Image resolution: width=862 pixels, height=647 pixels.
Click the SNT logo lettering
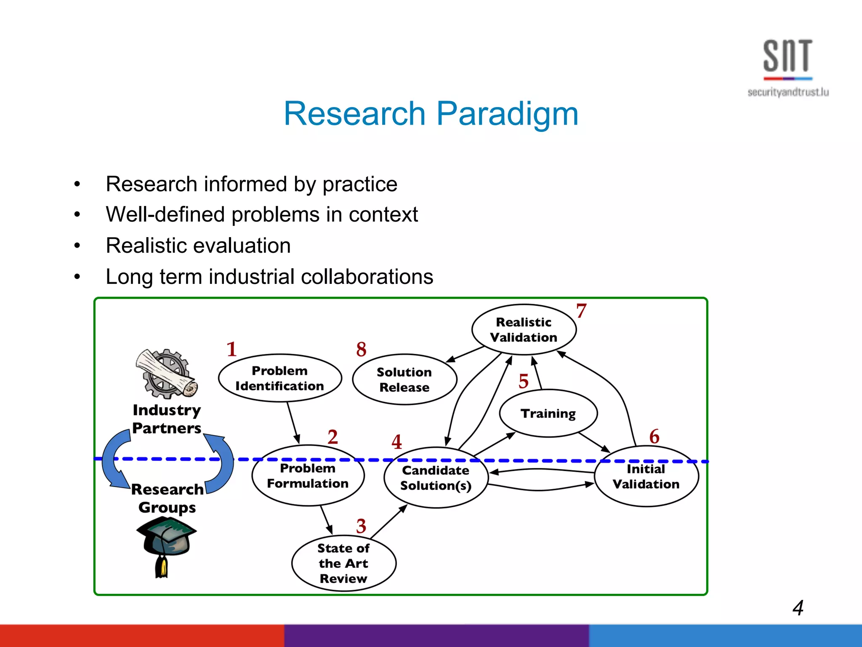pyautogui.click(x=788, y=56)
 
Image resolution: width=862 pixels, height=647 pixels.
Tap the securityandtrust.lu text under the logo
pyautogui.click(x=788, y=92)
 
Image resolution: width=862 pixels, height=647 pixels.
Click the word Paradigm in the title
pyautogui.click(x=507, y=114)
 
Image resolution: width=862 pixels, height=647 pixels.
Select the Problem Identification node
pyautogui.click(x=280, y=378)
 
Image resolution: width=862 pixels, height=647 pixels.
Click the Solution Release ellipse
pyautogui.click(x=404, y=380)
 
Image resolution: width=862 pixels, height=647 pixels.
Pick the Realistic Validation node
pyautogui.click(x=524, y=329)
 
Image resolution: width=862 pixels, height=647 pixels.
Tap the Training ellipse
pyautogui.click(x=548, y=413)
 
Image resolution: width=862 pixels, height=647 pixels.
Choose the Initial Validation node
pyautogui.click(x=646, y=476)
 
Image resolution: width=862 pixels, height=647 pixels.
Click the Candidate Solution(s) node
pyautogui.click(x=436, y=478)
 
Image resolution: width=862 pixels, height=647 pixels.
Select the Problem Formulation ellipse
pyautogui.click(x=308, y=476)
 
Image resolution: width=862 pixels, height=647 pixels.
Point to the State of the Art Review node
pyautogui.click(x=343, y=563)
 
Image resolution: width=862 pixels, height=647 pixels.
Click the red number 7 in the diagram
pyautogui.click(x=581, y=311)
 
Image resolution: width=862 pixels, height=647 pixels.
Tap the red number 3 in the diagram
pyautogui.click(x=361, y=526)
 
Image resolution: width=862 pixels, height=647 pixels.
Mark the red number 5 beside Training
pyautogui.click(x=523, y=381)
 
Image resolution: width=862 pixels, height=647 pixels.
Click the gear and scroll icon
pyautogui.click(x=167, y=373)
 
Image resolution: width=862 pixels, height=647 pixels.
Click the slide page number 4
pyautogui.click(x=798, y=608)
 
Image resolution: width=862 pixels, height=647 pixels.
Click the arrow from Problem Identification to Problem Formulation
pyautogui.click(x=293, y=422)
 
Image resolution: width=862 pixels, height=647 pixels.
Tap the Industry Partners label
pyautogui.click(x=167, y=419)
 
